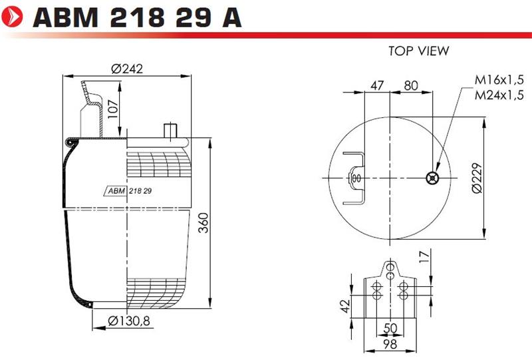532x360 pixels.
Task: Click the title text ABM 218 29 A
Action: click(x=137, y=17)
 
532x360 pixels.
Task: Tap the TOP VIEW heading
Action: click(x=419, y=51)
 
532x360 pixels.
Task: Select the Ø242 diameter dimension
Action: click(x=127, y=69)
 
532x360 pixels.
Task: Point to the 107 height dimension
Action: click(x=113, y=109)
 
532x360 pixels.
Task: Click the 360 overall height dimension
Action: click(x=203, y=223)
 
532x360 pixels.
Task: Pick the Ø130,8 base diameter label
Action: click(x=129, y=321)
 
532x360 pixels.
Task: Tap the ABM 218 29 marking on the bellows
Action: click(x=130, y=191)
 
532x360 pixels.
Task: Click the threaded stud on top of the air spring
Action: click(x=170, y=130)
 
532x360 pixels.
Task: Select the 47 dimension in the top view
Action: click(x=377, y=85)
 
